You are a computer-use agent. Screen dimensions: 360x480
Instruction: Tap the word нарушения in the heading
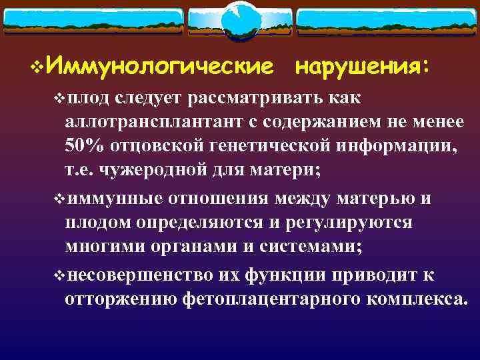(x=360, y=67)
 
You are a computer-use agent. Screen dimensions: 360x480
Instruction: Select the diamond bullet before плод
(x=59, y=98)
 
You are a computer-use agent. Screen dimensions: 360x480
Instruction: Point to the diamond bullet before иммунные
(x=59, y=199)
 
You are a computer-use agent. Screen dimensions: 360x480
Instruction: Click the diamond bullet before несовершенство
(x=59, y=275)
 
